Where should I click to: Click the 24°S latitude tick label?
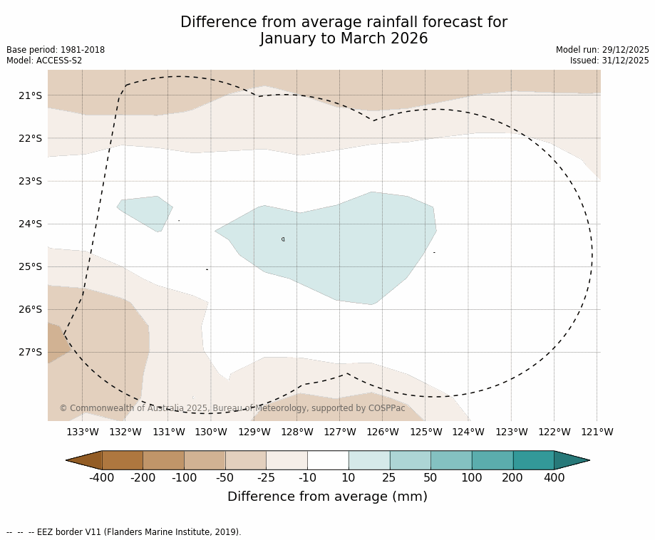(30, 224)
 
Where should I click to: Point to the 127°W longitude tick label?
(339, 432)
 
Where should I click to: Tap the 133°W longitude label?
(82, 432)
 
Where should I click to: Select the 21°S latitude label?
(30, 95)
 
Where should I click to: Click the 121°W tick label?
(597, 432)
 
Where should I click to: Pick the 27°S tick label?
(30, 352)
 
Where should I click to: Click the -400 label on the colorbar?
(102, 478)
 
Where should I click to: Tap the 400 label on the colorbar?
(554, 478)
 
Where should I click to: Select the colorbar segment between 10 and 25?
(368, 460)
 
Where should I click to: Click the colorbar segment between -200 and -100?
(163, 460)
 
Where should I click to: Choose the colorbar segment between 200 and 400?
(533, 460)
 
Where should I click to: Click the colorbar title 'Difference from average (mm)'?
(327, 497)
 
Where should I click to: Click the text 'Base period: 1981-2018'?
(56, 50)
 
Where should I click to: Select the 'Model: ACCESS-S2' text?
(44, 61)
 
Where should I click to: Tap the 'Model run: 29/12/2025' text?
(602, 50)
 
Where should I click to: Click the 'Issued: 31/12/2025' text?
(609, 61)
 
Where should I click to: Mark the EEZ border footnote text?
(124, 532)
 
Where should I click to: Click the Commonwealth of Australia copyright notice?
(232, 408)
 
